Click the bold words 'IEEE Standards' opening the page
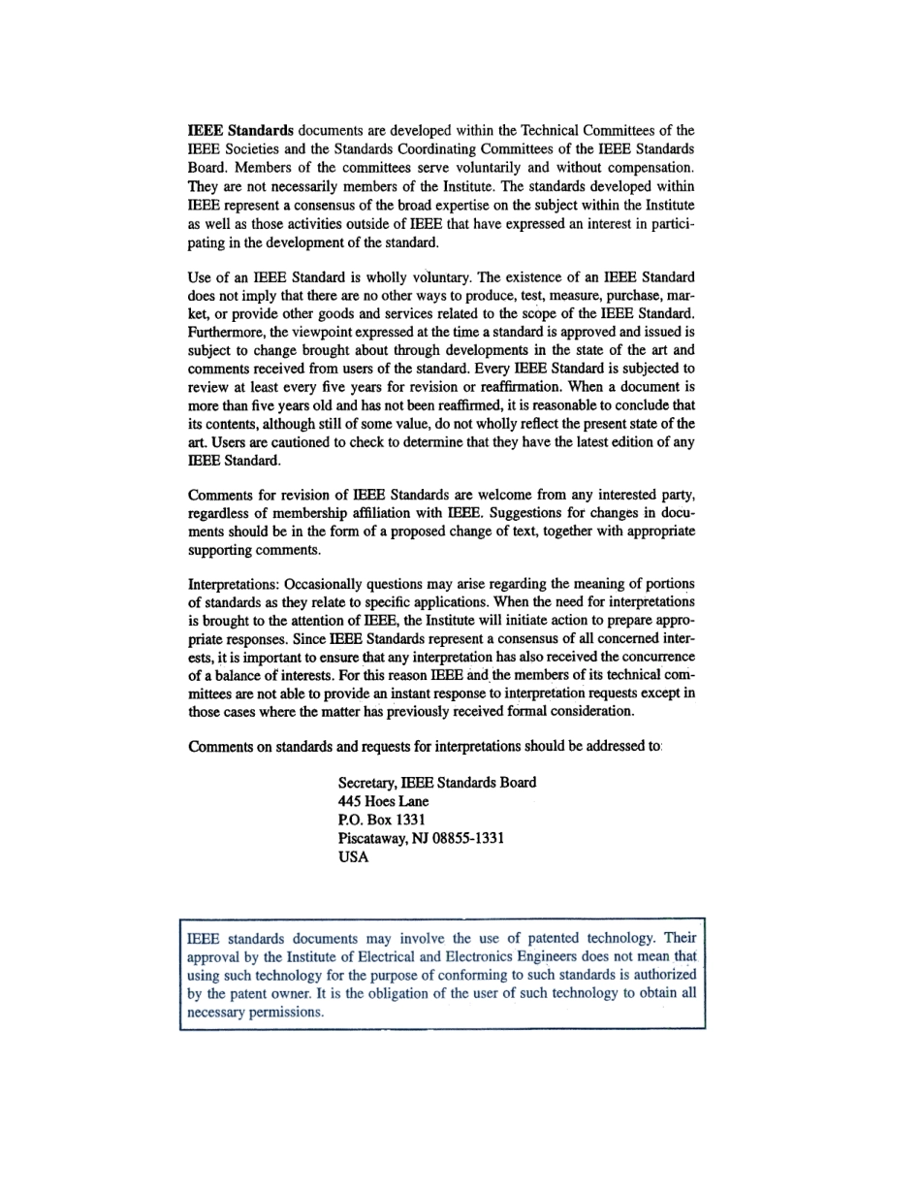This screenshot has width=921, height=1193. point(240,130)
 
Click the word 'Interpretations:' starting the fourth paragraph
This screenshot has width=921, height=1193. point(234,584)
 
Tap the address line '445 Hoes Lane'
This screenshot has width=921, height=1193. point(383,801)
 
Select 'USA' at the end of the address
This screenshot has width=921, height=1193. point(353,856)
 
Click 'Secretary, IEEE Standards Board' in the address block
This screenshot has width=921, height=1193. point(436,783)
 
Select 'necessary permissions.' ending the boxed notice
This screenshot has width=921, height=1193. point(255,1012)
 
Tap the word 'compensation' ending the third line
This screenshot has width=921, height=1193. point(648,167)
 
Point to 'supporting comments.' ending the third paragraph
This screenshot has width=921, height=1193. point(254,550)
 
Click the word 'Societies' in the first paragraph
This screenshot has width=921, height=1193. point(254,148)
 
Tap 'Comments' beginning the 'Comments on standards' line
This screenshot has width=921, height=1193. point(219,747)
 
